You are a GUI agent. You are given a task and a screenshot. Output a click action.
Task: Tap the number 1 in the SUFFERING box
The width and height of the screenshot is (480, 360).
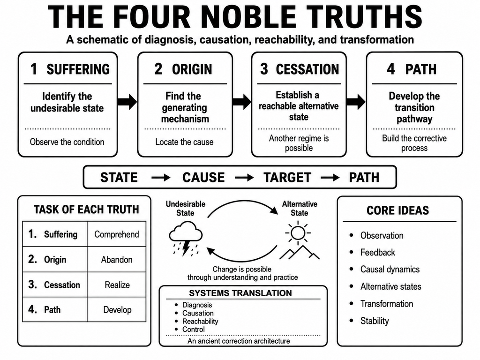pyautogui.click(x=34, y=69)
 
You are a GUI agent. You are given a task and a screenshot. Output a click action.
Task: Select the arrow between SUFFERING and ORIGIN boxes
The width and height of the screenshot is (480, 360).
pyautogui.click(x=127, y=102)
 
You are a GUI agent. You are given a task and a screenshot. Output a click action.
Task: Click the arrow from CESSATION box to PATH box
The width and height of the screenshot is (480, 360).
pyautogui.click(x=356, y=102)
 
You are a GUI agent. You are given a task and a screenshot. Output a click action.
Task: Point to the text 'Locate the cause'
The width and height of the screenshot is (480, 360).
pyautogui.click(x=184, y=142)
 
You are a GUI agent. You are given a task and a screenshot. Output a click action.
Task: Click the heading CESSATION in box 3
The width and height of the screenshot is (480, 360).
pyautogui.click(x=307, y=69)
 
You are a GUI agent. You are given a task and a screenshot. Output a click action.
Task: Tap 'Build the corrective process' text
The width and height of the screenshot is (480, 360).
pyautogui.click(x=414, y=143)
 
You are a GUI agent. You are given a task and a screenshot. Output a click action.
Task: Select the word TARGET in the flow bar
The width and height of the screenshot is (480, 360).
pyautogui.click(x=287, y=178)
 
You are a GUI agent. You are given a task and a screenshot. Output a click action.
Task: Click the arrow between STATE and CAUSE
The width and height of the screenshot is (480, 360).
pyautogui.click(x=161, y=178)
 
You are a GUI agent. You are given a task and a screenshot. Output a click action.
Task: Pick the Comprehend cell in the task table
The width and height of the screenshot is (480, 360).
pyautogui.click(x=117, y=234)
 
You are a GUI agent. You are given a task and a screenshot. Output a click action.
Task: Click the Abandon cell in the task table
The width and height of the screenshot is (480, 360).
pyautogui.click(x=117, y=260)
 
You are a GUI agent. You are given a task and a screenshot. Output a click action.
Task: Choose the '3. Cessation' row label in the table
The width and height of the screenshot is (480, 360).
pyautogui.click(x=54, y=285)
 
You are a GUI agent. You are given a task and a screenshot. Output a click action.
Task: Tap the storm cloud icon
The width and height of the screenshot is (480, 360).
pyautogui.click(x=186, y=239)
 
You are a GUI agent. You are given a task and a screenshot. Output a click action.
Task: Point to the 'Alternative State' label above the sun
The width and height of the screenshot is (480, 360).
pyautogui.click(x=300, y=209)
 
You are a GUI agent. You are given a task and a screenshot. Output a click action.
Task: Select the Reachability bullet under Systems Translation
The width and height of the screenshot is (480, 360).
pyautogui.click(x=200, y=322)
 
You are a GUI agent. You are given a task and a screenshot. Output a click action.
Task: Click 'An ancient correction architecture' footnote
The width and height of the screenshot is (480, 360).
pyautogui.click(x=239, y=341)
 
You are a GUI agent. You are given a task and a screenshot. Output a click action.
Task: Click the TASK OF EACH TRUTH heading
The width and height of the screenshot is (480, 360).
pyautogui.click(x=86, y=210)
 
